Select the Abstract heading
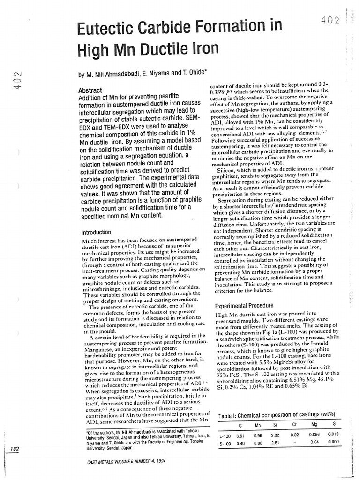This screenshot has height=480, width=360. point(90,90)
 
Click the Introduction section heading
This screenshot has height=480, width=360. point(96,232)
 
